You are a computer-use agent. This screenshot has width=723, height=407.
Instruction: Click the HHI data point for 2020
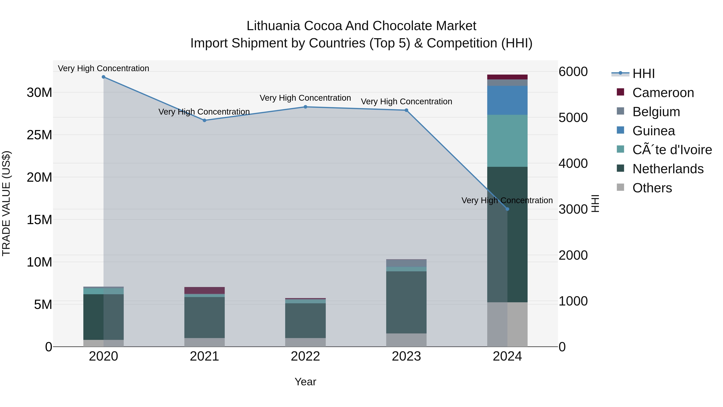click(104, 77)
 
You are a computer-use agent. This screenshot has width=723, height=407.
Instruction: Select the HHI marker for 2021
click(204, 120)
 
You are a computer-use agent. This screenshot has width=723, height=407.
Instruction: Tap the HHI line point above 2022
click(305, 107)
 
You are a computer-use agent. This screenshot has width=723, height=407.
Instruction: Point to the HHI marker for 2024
click(507, 209)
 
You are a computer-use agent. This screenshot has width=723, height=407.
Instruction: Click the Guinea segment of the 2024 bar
click(507, 100)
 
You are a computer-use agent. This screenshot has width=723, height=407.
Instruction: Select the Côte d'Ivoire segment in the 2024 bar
click(507, 141)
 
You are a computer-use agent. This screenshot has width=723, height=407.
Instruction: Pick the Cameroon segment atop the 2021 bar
click(204, 290)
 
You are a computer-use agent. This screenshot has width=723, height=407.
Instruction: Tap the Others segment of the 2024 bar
click(507, 324)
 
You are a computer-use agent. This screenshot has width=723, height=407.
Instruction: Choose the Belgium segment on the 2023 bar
click(406, 263)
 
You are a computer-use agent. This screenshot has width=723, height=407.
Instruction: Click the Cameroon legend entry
click(663, 93)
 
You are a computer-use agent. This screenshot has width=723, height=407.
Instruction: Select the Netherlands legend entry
click(668, 169)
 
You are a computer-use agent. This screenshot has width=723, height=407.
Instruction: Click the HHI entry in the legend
click(643, 74)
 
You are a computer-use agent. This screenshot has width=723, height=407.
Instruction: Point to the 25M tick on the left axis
click(39, 135)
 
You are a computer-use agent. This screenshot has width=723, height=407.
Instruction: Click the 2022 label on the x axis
click(305, 356)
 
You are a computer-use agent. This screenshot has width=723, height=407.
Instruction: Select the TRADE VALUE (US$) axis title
click(6, 203)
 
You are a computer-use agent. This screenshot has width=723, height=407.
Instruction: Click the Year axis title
click(305, 382)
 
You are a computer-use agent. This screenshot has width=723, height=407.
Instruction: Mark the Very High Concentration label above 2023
click(406, 101)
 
